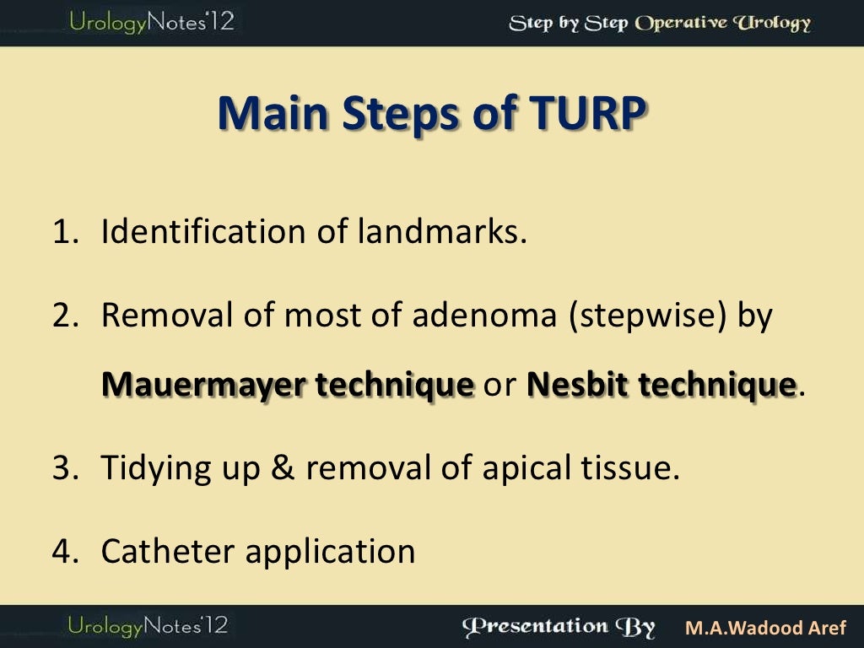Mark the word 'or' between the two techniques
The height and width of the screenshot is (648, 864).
pos(499,386)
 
